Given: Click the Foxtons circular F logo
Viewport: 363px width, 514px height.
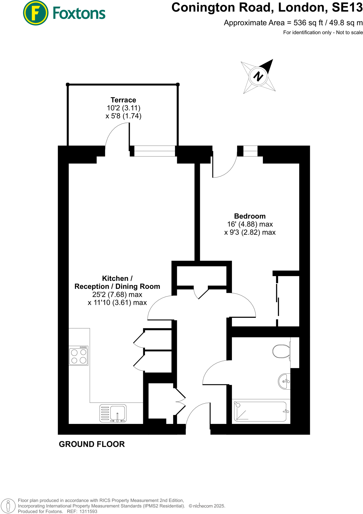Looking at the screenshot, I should pos(36,13).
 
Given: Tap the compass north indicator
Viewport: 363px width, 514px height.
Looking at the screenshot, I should pos(258,76).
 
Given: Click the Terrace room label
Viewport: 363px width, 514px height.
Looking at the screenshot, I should pos(123,100).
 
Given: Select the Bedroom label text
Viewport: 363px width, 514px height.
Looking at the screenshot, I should pos(250,216).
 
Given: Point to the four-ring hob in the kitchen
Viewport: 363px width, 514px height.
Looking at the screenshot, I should pos(79,356).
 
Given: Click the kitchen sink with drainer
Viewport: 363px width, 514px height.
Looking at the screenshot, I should pos(113,413).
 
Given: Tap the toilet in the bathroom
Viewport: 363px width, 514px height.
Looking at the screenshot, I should pos(281,351).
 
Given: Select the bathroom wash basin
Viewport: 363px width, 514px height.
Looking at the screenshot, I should pos(285,381).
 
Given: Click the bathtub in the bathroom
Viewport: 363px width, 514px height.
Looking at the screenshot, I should pos(260,411).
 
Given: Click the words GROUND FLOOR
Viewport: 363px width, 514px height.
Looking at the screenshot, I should pos(92,444).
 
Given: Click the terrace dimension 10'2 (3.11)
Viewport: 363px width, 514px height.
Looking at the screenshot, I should pos(124,108).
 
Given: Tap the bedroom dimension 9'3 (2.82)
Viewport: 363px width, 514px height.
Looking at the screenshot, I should pos(241,232).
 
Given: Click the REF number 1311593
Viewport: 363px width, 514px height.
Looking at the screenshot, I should pos(88,511).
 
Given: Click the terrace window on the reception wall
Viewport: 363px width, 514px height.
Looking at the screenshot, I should pos(154,151).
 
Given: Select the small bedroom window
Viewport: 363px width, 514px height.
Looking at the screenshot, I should pos(250,151).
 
